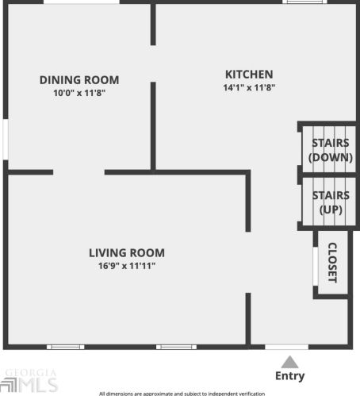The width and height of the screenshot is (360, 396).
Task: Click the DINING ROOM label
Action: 79,79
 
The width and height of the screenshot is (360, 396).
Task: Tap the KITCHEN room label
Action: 248,74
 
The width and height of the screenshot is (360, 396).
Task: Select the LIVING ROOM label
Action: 127,252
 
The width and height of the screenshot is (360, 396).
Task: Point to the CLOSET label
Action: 332,263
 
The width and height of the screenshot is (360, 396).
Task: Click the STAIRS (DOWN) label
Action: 331,150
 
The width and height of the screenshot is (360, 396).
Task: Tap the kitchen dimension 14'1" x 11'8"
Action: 248,87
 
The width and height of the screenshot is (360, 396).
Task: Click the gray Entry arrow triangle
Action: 289,362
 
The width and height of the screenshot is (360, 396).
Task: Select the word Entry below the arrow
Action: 289,376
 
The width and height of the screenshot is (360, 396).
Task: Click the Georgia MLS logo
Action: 31,382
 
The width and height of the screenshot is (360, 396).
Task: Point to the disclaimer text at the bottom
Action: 181,393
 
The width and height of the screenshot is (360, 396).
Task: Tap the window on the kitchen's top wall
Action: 304,2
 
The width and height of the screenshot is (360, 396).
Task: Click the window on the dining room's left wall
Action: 6,140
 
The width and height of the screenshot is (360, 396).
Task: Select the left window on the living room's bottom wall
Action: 65,347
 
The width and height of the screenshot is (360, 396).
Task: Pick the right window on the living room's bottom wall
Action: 176,347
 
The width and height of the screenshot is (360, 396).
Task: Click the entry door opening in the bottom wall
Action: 286,347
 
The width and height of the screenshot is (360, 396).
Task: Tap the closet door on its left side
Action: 316,263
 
